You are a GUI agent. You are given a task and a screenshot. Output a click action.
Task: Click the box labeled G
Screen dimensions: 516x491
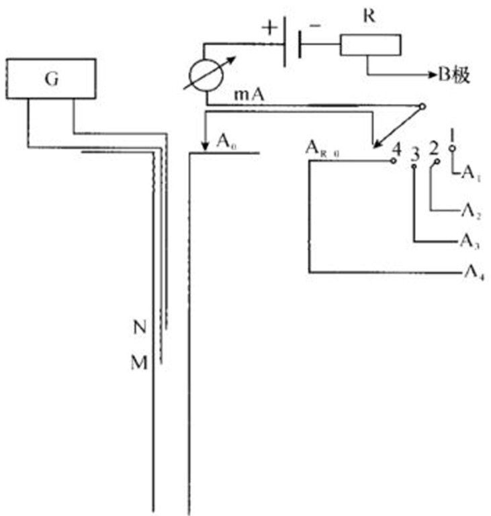52,79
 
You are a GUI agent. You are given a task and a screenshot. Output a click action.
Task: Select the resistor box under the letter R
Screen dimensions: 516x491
371,45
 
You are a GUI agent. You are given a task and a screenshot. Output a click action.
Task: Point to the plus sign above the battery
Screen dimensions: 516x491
270,28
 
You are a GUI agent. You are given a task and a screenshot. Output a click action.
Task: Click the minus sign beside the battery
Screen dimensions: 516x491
315,25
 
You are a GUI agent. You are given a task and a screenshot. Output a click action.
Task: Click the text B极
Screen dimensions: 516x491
453,74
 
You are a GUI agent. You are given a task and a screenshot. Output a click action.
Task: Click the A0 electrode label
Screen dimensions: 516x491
226,140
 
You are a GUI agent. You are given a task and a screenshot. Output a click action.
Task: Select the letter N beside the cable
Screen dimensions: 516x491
140,329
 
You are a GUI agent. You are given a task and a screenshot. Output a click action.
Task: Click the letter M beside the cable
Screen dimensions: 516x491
139,363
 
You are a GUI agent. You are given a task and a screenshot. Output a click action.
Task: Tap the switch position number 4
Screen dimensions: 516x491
396,148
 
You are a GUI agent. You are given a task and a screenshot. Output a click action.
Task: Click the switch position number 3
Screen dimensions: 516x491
415,152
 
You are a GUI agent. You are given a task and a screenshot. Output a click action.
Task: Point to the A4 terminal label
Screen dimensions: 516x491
471,273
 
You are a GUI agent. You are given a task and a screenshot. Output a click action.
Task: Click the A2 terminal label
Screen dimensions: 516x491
470,212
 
